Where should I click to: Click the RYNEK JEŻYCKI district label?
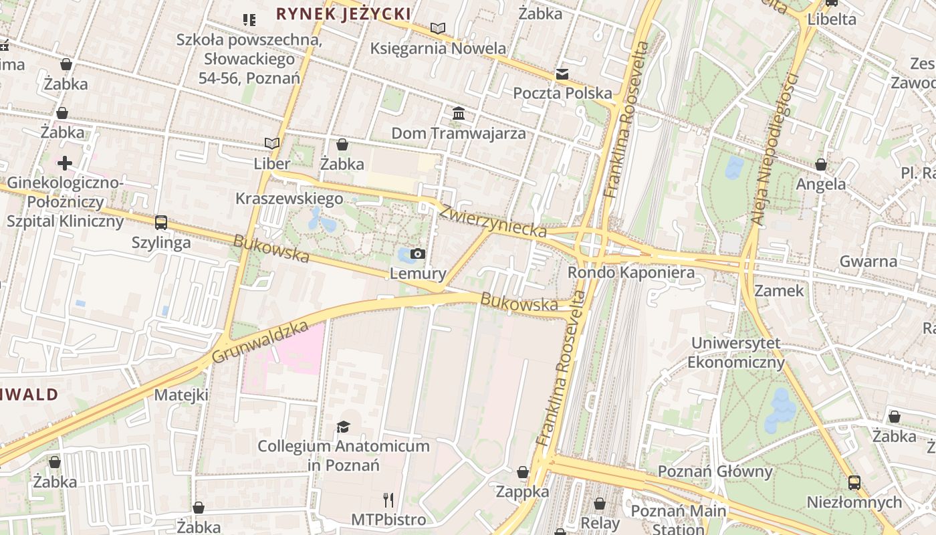(343, 13)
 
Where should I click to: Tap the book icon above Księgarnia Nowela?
(438, 28)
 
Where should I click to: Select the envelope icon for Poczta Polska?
(562, 74)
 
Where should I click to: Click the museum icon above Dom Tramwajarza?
(459, 114)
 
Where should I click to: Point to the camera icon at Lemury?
(418, 253)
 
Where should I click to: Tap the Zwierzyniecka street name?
(493, 220)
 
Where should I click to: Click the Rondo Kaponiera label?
(630, 273)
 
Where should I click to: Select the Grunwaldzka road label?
(260, 342)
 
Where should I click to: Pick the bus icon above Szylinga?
(161, 223)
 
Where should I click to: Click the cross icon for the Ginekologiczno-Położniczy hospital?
(65, 163)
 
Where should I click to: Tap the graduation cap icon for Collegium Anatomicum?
(343, 427)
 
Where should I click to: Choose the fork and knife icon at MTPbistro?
(388, 500)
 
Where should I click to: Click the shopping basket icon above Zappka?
(523, 472)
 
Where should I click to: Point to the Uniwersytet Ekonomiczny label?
(735, 353)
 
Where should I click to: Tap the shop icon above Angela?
(821, 165)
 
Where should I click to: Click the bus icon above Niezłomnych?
(854, 482)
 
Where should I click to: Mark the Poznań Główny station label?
(715, 471)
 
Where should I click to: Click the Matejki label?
(181, 395)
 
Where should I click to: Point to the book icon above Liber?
(271, 143)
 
